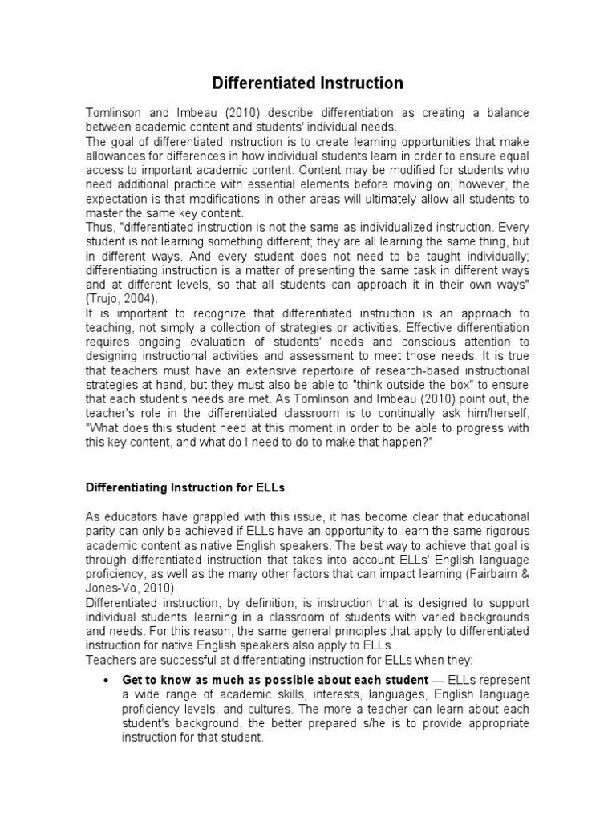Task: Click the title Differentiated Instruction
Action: (307, 83)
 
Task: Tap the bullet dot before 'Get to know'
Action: (107, 680)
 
